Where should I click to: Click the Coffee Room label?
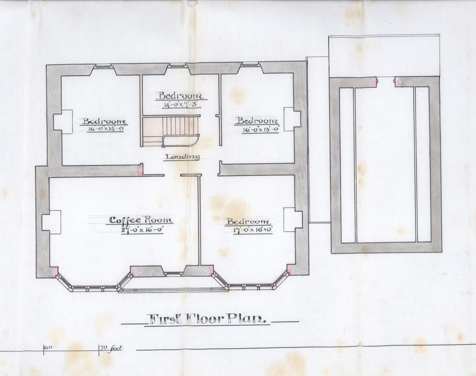[141, 220]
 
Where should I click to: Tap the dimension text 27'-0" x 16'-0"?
[142, 230]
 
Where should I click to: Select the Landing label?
[183, 157]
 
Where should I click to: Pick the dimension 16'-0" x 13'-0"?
[260, 129]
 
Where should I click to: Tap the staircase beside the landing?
[170, 131]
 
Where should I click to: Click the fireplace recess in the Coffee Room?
[51, 222]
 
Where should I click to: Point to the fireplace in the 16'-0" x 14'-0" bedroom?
[63, 122]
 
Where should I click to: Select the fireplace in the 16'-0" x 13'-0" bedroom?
[292, 119]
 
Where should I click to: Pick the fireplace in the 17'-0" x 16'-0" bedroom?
[293, 220]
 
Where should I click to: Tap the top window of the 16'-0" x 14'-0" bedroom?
[103, 66]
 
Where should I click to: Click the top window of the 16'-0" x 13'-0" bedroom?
[250, 65]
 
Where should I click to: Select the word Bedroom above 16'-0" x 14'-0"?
[104, 121]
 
